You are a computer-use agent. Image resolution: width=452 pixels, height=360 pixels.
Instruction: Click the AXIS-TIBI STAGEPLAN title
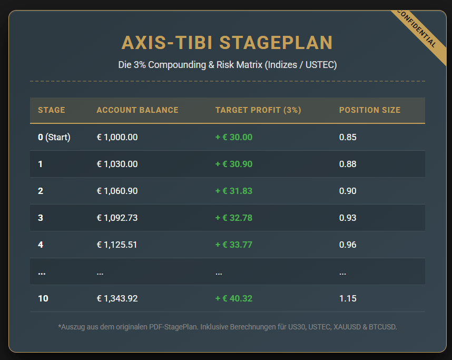(x=227, y=43)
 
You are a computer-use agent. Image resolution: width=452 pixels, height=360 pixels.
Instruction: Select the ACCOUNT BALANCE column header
(x=137, y=110)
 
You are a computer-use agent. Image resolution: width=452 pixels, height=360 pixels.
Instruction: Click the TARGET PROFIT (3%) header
(x=258, y=110)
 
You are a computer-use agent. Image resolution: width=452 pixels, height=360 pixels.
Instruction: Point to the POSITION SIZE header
(x=369, y=110)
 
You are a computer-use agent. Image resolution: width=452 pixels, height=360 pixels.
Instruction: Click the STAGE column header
(x=51, y=110)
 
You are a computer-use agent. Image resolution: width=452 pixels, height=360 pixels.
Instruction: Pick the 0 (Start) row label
(x=54, y=137)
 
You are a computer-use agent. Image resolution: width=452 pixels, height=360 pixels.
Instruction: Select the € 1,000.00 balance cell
(x=117, y=137)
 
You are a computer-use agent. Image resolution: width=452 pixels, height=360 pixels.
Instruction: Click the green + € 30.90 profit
(x=233, y=164)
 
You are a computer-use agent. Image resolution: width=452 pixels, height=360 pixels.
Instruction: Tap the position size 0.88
(x=348, y=164)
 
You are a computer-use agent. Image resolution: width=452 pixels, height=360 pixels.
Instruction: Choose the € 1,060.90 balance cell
(x=117, y=191)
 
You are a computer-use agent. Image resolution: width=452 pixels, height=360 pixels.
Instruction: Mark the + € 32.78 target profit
(x=233, y=218)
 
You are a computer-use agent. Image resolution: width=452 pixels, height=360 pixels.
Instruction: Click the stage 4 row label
(x=41, y=245)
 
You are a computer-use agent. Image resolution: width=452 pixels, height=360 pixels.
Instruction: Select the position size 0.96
(x=348, y=245)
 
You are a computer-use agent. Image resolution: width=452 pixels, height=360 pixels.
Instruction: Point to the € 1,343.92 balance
(x=117, y=298)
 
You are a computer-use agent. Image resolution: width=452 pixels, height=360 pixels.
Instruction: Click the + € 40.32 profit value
(x=233, y=298)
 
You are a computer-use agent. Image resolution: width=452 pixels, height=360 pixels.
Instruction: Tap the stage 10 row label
(x=43, y=298)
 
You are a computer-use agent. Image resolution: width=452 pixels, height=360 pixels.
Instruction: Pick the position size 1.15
(x=348, y=298)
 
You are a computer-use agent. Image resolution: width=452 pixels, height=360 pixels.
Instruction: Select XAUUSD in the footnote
(x=349, y=327)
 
